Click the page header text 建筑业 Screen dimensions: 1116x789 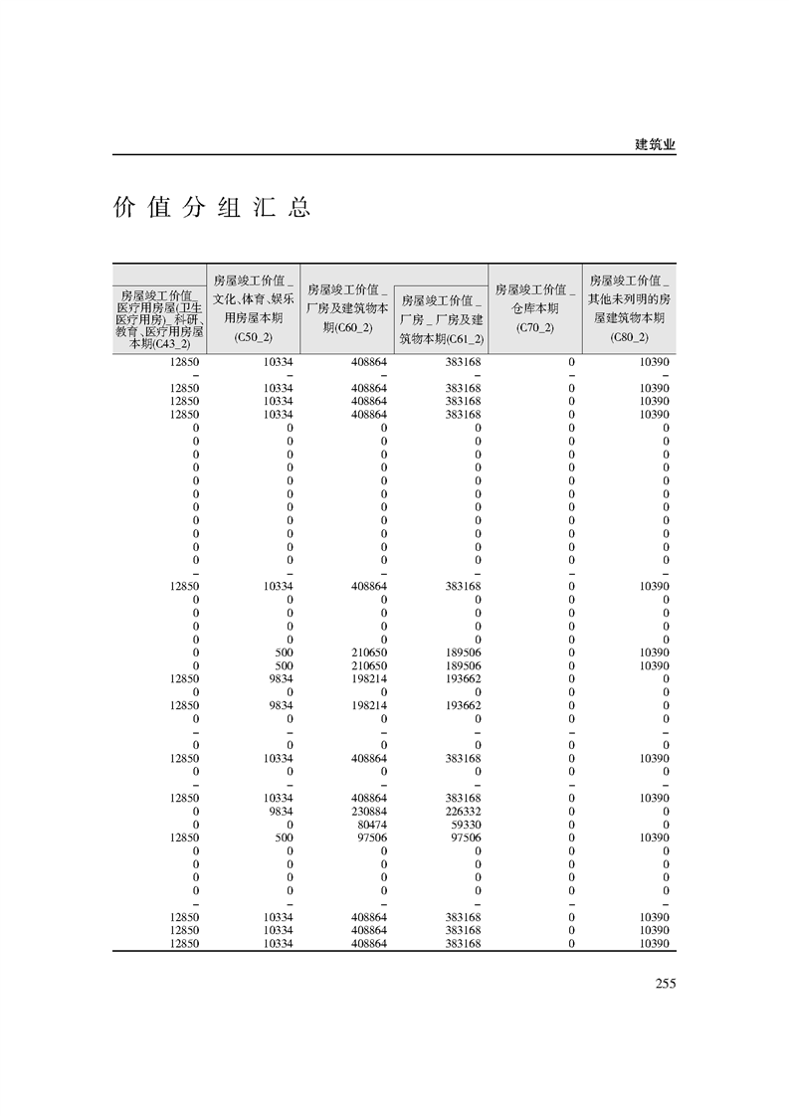click(x=655, y=144)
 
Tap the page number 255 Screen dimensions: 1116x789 click(x=666, y=984)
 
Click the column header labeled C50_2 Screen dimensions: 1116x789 click(x=254, y=308)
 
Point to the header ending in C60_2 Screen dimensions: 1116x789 click(x=347, y=308)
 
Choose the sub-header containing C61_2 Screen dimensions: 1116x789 click(x=441, y=319)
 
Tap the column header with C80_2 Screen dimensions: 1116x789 click(x=630, y=308)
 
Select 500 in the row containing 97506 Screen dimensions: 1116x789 click(x=284, y=837)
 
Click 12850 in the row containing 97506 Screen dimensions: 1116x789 click(x=185, y=837)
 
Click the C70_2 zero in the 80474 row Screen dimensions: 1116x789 click(x=571, y=825)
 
